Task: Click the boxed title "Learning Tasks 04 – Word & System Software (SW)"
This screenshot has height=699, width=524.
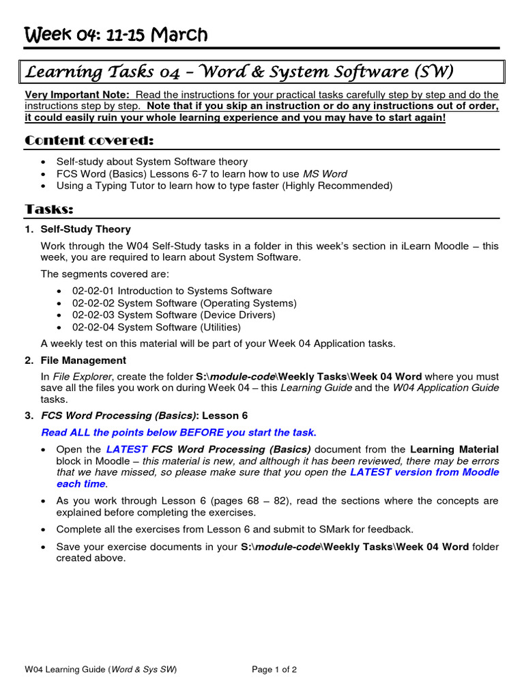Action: (x=239, y=71)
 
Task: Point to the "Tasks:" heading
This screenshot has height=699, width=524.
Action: (x=49, y=208)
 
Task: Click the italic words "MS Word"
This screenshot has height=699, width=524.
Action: (x=325, y=173)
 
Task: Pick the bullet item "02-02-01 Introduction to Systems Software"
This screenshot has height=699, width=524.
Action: (x=172, y=291)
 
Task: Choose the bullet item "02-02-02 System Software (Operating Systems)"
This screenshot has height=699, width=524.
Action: (x=184, y=303)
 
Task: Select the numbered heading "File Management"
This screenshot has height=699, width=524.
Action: (x=83, y=360)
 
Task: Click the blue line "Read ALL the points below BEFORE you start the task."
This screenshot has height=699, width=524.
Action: (x=179, y=432)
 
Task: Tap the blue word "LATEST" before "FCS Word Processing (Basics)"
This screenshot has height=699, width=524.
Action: (x=127, y=449)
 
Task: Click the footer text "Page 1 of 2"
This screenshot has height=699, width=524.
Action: (x=274, y=670)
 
